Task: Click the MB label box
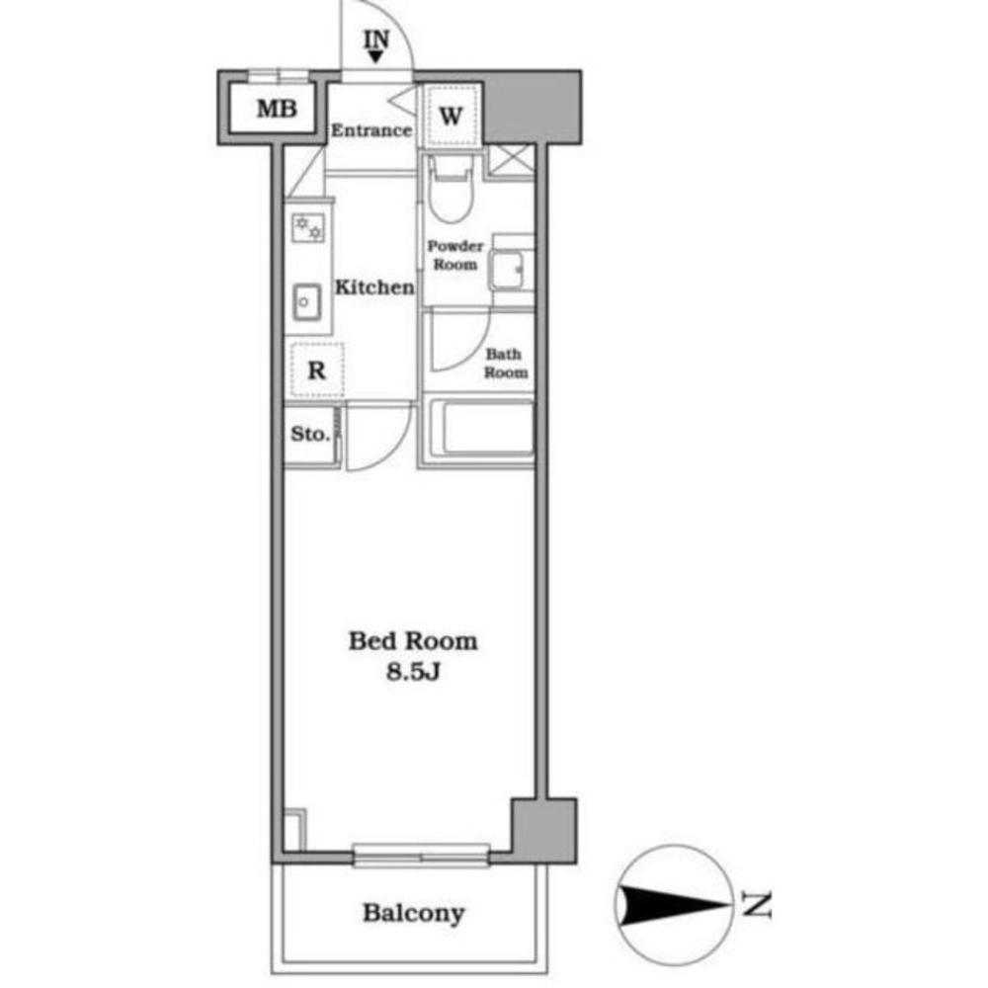click(x=277, y=109)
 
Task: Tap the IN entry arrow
click(x=376, y=56)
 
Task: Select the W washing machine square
click(x=451, y=116)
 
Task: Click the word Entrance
click(x=370, y=130)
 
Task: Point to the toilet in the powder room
click(x=452, y=193)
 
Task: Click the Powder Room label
click(x=454, y=255)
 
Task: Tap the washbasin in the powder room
click(x=512, y=267)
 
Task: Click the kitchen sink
click(x=307, y=299)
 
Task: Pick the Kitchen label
click(x=373, y=288)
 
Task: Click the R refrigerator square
click(x=316, y=371)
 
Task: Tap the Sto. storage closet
click(x=310, y=435)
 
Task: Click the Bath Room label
click(x=504, y=364)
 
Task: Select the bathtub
click(x=477, y=431)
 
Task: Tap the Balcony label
click(x=413, y=913)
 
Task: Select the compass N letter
click(x=757, y=904)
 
